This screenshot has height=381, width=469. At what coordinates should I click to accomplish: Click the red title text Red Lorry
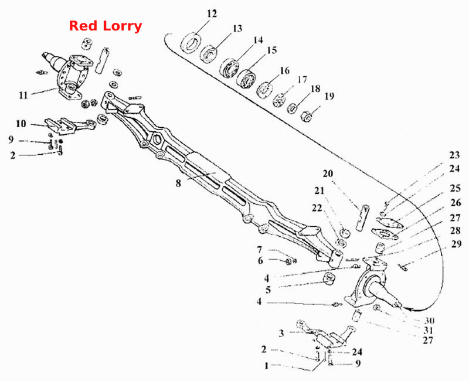(x=106, y=26)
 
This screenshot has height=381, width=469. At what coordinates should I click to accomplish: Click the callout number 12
(x=212, y=13)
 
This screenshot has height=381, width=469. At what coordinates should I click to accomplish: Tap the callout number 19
(x=329, y=96)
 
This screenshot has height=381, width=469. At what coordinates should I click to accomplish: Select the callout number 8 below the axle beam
(x=178, y=183)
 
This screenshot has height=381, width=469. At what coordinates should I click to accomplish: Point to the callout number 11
(x=23, y=96)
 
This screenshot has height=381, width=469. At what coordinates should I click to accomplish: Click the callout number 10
(x=21, y=124)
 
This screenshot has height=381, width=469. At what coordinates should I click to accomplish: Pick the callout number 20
(x=328, y=174)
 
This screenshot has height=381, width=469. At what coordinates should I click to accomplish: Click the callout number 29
(x=457, y=244)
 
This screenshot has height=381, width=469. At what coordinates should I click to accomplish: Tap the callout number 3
(x=281, y=333)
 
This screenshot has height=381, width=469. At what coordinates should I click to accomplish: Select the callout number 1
(x=267, y=365)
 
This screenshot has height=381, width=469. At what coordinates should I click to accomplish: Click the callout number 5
(x=268, y=290)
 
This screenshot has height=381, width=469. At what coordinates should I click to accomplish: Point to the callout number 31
(x=429, y=331)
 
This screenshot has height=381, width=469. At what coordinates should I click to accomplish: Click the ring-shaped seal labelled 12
(x=191, y=42)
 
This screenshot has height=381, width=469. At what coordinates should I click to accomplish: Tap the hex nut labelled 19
(x=307, y=116)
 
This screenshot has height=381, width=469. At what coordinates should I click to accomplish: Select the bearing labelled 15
(x=246, y=79)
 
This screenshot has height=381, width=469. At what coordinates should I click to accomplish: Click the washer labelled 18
(x=292, y=108)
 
